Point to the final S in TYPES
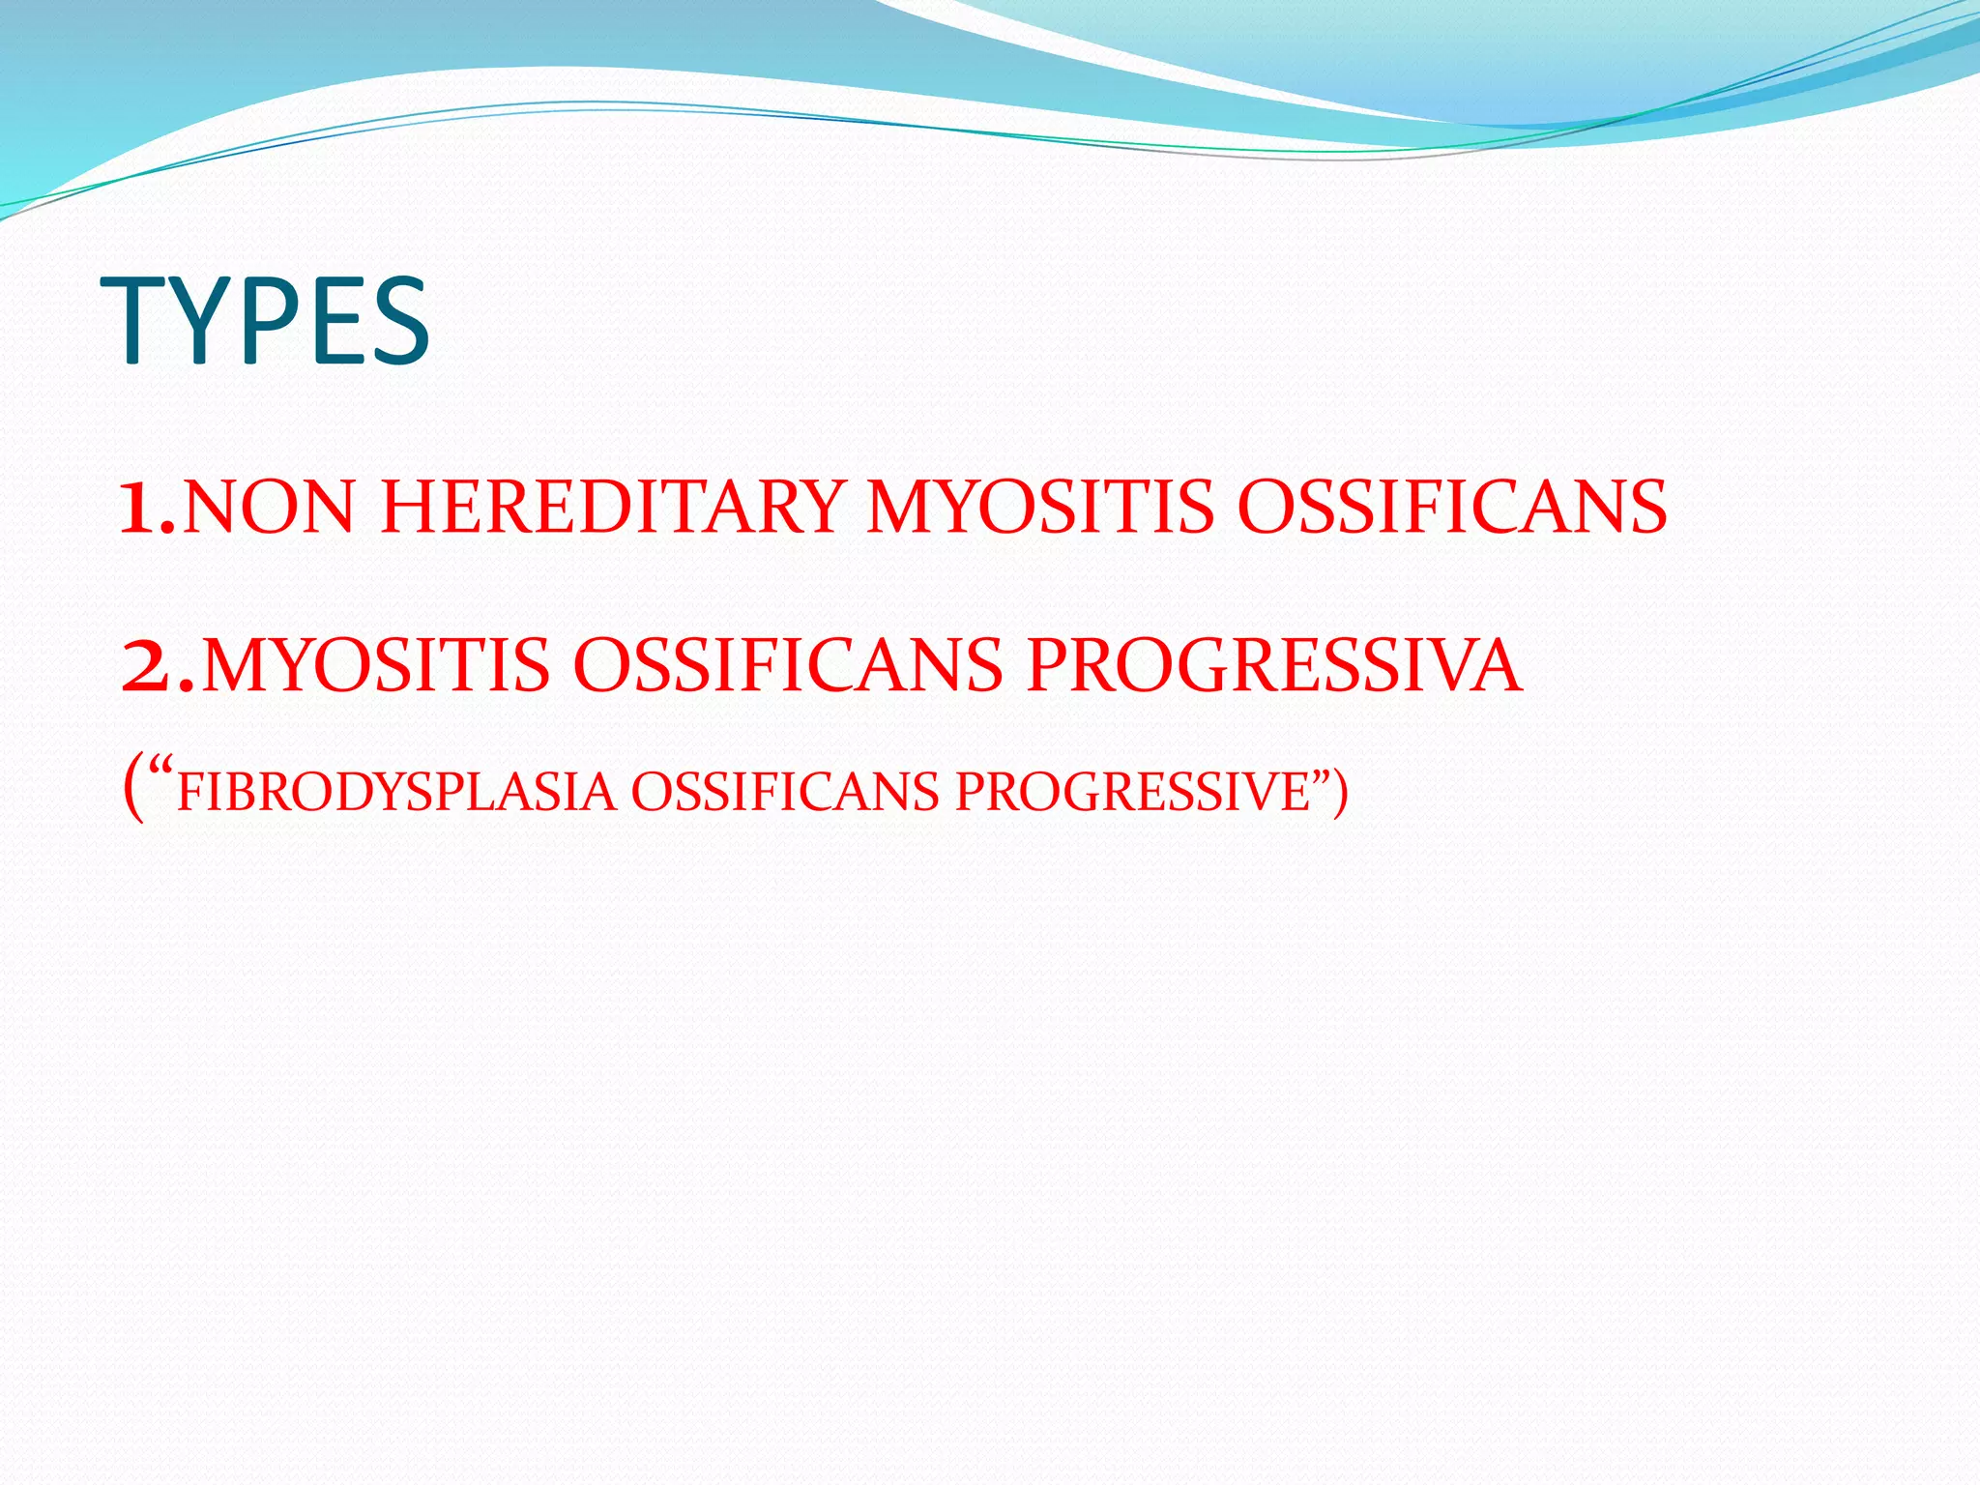coord(398,321)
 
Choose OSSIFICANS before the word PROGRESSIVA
coord(788,667)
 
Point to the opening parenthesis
coord(133,791)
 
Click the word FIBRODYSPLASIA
coord(396,793)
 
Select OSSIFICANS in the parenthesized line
coord(784,793)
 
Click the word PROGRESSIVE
coord(1131,793)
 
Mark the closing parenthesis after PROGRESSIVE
coord(1339,791)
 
